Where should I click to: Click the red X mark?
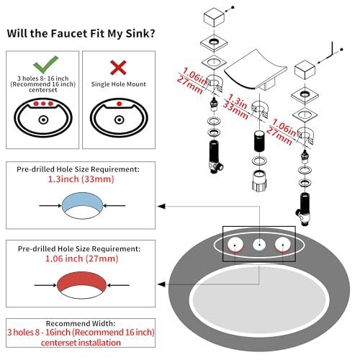click(118, 68)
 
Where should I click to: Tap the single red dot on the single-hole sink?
click(119, 104)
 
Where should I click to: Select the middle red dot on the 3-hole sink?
click(43, 104)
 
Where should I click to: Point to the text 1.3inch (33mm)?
click(81, 179)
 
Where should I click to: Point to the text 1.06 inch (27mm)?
click(81, 258)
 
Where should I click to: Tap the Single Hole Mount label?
click(119, 84)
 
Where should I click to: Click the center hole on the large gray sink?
click(259, 245)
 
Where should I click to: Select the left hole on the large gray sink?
click(235, 245)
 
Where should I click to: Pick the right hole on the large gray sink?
click(283, 245)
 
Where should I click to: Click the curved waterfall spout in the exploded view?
click(256, 71)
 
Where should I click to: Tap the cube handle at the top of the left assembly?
click(214, 17)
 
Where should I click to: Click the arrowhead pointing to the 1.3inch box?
click(161, 206)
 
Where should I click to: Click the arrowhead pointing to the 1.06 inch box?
click(161, 284)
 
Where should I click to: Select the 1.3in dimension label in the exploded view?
click(238, 102)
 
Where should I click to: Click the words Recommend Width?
click(81, 323)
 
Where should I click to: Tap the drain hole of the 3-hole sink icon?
click(43, 120)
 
